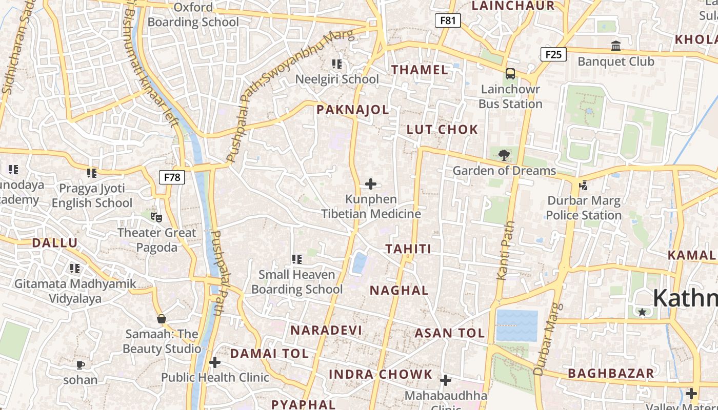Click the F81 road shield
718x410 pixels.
[448, 20]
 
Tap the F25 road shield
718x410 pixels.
[553, 54]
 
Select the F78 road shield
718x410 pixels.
[172, 177]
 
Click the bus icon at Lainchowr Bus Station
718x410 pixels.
[510, 73]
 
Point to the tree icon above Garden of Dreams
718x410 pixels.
[504, 155]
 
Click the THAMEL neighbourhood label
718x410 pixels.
[420, 70]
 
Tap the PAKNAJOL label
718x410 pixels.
[352, 110]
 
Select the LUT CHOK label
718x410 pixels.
[442, 130]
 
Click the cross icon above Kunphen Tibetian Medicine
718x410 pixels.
[371, 184]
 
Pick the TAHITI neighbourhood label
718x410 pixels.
[408, 249]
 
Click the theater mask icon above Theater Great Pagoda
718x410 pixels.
[156, 217]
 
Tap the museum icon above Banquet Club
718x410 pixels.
[616, 46]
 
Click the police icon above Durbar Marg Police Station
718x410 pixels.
[583, 185]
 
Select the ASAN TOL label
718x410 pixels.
[449, 333]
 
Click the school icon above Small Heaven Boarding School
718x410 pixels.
[296, 259]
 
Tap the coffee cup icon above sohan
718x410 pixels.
[81, 365]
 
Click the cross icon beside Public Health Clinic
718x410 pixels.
[215, 363]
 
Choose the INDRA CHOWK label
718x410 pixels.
[381, 374]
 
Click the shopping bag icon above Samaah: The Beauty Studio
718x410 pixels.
[162, 319]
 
